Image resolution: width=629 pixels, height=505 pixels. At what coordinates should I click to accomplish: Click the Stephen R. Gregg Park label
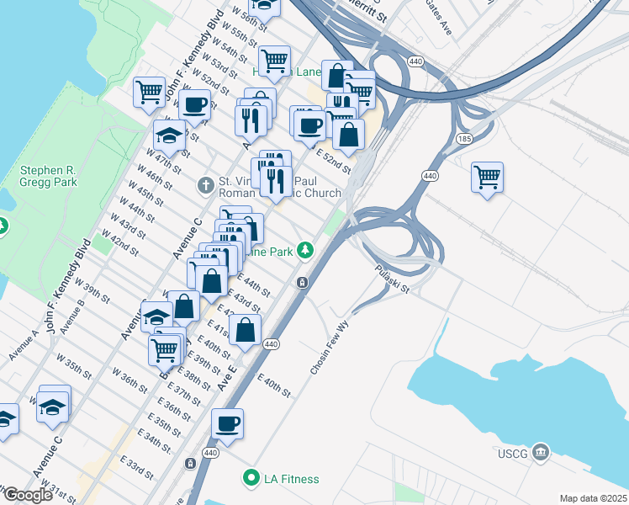click(49, 176)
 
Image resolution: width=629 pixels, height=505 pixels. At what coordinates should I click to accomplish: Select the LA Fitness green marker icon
click(250, 479)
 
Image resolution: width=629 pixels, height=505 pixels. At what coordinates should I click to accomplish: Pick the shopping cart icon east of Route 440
click(487, 178)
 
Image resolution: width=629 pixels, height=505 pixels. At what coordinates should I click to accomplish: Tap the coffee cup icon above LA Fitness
click(227, 423)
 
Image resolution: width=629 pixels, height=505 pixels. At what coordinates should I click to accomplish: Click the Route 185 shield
click(464, 138)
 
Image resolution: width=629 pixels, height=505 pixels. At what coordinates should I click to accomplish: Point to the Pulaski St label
click(391, 279)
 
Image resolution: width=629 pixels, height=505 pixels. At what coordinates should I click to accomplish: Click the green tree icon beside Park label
click(309, 250)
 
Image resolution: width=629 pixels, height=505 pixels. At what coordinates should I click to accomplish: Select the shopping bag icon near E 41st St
click(245, 331)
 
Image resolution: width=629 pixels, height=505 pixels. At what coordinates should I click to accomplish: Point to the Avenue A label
click(25, 345)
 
